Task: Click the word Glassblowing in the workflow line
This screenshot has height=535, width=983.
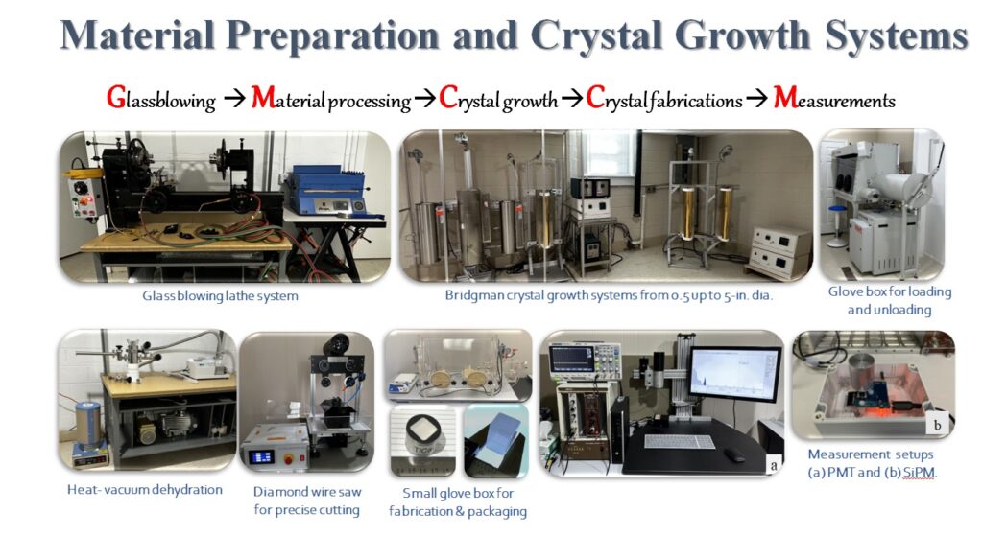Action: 160,100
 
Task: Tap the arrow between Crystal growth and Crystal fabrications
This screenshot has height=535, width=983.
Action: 571,99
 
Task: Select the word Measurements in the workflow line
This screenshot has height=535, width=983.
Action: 834,99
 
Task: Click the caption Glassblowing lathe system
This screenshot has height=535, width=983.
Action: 220,295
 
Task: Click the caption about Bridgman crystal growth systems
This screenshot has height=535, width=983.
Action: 609,295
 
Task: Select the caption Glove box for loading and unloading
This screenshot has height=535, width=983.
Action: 890,300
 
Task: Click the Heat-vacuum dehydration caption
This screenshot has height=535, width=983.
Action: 145,490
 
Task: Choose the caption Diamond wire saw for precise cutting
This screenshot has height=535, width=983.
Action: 307,500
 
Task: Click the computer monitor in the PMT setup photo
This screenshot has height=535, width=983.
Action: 734,377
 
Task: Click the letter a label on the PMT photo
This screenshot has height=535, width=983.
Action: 774,465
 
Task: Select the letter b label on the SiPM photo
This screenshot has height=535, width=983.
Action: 938,425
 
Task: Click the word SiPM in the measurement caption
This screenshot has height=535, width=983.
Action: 919,473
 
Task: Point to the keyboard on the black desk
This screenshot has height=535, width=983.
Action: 679,442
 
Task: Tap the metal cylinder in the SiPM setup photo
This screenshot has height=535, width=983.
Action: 865,374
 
